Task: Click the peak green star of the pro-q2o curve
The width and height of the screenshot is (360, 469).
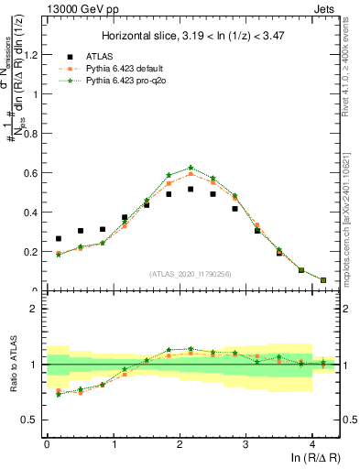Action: coord(191,168)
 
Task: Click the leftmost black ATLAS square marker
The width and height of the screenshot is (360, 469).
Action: coord(59,238)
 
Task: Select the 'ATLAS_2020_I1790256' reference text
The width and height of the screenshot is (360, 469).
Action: coord(190,274)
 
